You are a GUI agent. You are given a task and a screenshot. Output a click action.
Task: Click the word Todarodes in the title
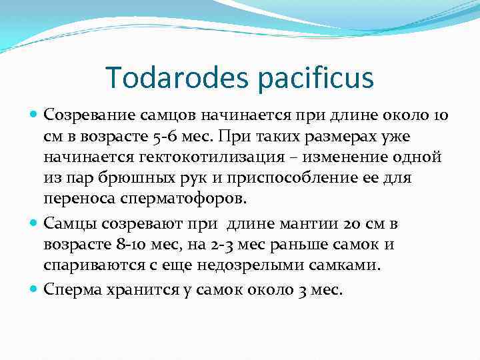[176, 79]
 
